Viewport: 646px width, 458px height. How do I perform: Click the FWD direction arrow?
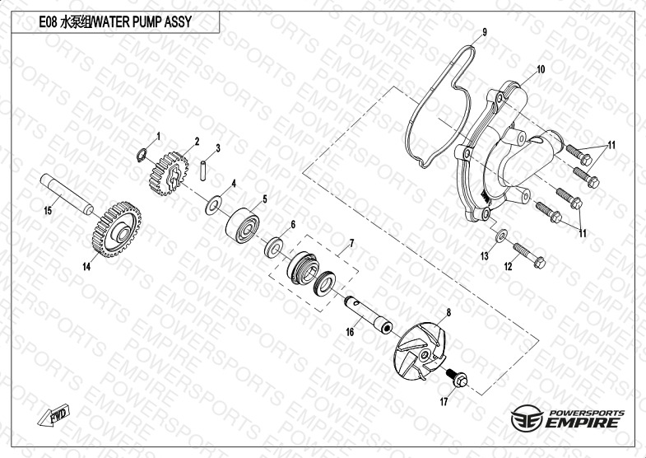coord(54,414)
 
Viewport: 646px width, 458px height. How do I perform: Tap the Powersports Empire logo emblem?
coord(527,418)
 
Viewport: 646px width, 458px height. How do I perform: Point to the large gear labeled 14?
coord(117,229)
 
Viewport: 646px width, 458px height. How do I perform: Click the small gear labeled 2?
coord(169,173)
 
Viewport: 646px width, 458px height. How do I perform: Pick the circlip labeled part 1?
coord(142,156)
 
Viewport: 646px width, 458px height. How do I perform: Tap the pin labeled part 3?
coord(203,171)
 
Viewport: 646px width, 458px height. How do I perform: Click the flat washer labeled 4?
coord(213,205)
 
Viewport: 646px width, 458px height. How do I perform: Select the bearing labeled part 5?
coord(242,225)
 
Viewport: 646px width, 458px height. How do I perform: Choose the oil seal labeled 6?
coord(273,247)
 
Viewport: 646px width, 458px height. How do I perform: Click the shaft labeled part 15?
coord(67,194)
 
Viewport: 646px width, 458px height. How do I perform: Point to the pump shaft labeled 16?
coord(369,315)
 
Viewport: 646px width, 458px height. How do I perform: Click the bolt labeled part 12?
coord(529,255)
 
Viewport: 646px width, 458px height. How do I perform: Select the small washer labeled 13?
coord(501,236)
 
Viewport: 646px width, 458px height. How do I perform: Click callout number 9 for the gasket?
coord(485,32)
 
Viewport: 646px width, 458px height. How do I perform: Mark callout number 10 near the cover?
coord(541,69)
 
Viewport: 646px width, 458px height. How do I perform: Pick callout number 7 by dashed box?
coord(351,244)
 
